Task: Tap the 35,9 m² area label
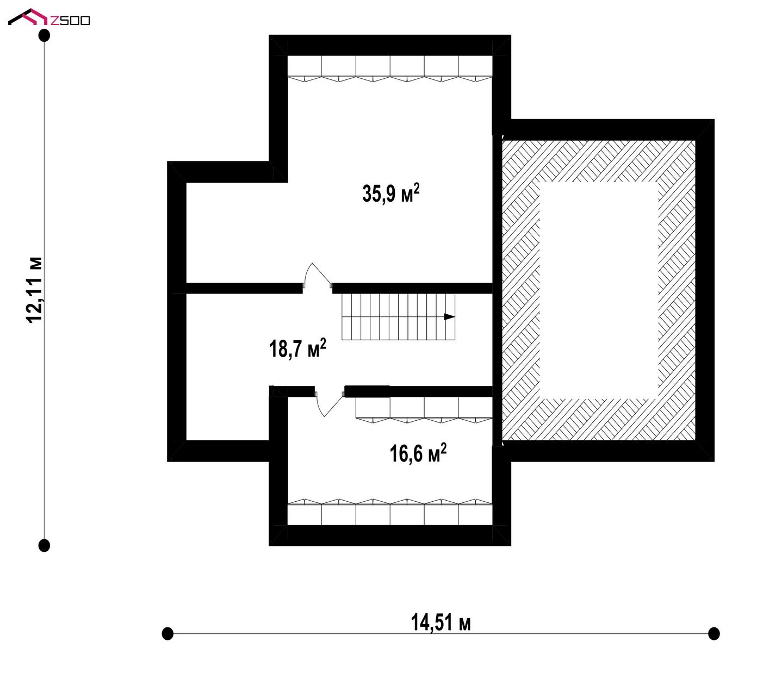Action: [x=390, y=194]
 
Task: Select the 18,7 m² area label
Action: [x=297, y=348]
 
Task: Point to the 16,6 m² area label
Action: [x=418, y=453]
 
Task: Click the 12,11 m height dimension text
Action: [x=35, y=290]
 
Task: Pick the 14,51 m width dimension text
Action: [x=441, y=622]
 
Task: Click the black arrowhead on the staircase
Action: [x=450, y=316]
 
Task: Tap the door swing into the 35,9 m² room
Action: [x=318, y=274]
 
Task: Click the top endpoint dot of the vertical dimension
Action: [x=45, y=35]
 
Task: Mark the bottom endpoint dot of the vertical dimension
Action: [x=45, y=545]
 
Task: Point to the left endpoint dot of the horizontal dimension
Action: [x=168, y=633]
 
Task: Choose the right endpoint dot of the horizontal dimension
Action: [x=714, y=633]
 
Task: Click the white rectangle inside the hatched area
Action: [x=599, y=290]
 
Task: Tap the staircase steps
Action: [x=399, y=316]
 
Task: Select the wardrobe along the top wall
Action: [x=390, y=68]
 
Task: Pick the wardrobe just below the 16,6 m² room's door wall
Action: [x=424, y=410]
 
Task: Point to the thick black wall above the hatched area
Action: [x=603, y=130]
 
